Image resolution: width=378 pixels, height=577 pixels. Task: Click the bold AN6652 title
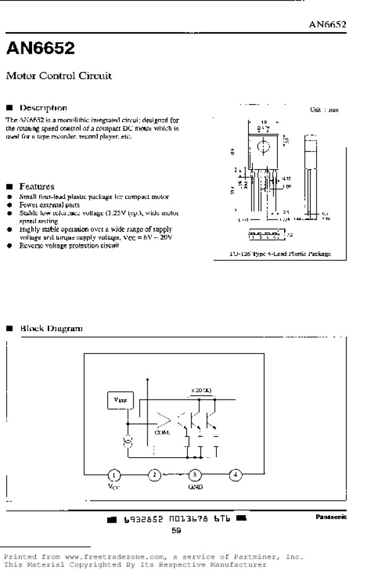click(x=40, y=48)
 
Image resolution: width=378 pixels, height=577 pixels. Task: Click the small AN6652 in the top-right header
click(x=328, y=25)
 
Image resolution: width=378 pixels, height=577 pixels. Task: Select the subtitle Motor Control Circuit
click(x=59, y=76)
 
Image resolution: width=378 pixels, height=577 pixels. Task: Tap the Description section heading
click(x=43, y=108)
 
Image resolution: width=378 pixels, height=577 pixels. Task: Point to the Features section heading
click(x=37, y=187)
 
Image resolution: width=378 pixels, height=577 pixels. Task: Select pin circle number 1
click(x=114, y=475)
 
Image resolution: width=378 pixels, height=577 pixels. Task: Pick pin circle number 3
click(x=195, y=475)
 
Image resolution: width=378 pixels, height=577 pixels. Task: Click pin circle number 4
click(x=235, y=475)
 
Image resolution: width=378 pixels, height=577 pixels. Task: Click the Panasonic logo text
click(x=331, y=516)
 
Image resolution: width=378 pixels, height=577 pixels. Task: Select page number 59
click(x=176, y=531)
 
